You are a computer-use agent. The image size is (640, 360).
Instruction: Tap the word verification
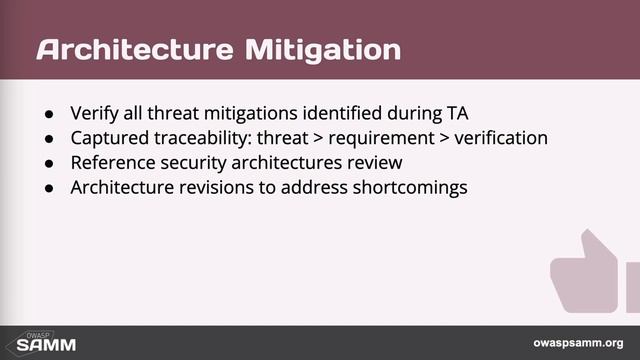(503, 136)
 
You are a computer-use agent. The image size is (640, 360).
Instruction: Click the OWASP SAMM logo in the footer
(35, 342)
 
